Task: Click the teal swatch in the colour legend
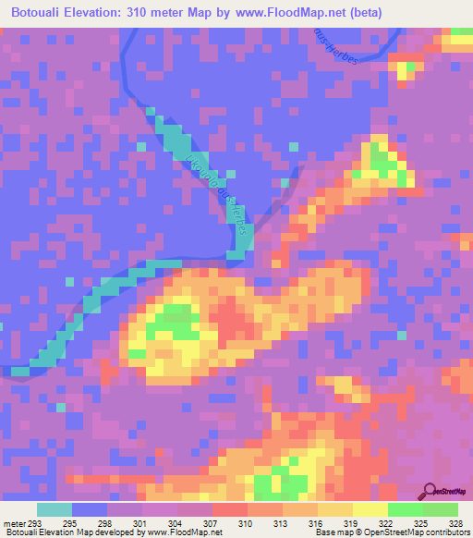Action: pyautogui.click(x=55, y=510)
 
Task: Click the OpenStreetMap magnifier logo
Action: pyautogui.click(x=430, y=491)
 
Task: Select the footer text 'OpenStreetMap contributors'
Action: pyautogui.click(x=416, y=532)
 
